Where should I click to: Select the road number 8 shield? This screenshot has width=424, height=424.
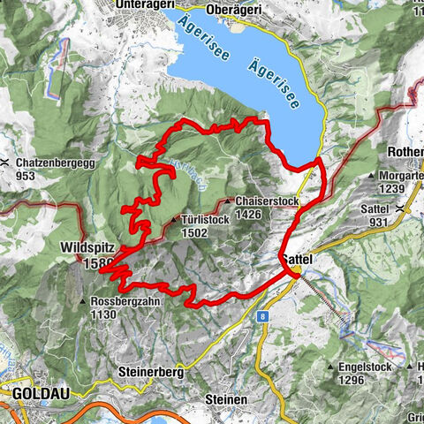point(263,315)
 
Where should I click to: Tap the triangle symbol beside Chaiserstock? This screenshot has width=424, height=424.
point(230,201)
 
